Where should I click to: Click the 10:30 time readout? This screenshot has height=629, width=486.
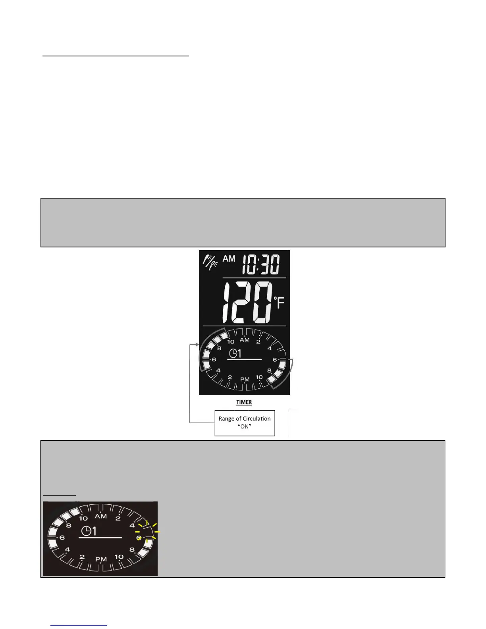tap(260, 264)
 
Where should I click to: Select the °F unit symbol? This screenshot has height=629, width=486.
tap(279, 303)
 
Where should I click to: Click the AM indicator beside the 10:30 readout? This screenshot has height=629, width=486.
tap(229, 259)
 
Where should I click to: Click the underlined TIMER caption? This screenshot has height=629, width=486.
tap(244, 402)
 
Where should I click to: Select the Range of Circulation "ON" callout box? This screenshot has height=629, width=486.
tap(245, 423)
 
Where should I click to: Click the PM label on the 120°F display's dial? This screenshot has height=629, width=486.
tap(245, 380)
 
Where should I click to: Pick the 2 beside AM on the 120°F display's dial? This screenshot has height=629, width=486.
tap(258, 342)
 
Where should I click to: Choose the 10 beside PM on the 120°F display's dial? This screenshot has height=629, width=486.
tap(259, 377)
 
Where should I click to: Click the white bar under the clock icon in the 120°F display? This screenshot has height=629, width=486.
tap(244, 359)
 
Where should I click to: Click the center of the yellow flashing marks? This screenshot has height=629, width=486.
tap(147, 531)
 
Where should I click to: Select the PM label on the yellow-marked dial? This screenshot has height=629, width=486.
tap(101, 559)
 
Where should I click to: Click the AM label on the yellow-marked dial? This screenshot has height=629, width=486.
tap(100, 516)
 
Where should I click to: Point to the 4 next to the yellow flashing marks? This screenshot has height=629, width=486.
tap(132, 525)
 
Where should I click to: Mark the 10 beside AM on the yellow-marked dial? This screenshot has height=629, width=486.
tap(83, 519)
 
